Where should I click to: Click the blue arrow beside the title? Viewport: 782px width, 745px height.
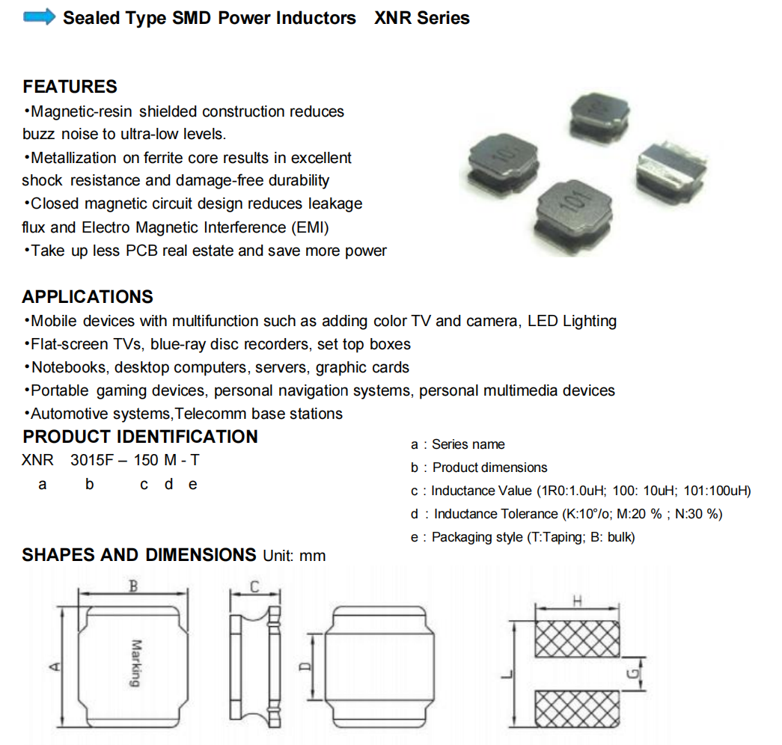[40, 17]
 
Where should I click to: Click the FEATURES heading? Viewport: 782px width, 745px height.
[70, 87]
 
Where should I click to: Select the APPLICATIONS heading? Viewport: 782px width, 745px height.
[88, 297]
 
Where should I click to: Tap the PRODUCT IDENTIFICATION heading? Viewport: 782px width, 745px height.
[140, 437]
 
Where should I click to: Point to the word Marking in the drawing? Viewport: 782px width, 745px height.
[135, 663]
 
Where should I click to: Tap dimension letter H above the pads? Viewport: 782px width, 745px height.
[576, 600]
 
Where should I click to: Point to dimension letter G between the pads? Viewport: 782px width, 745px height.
[632, 675]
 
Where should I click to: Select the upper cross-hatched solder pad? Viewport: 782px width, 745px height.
[577, 639]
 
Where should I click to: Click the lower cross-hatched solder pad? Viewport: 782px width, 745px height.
[577, 711]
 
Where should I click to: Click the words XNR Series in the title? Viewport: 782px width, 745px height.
[422, 18]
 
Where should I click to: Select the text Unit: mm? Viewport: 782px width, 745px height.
[294, 556]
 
